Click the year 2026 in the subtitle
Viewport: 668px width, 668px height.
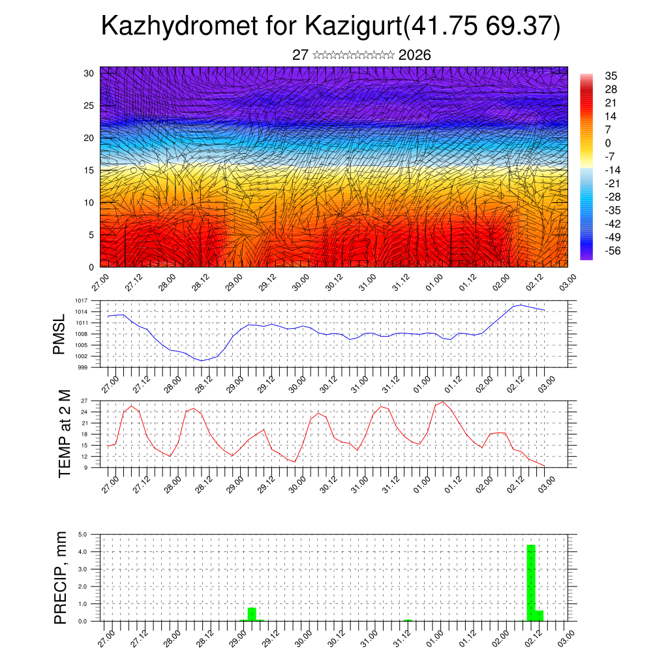click(414, 55)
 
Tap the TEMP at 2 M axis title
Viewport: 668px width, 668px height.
click(64, 433)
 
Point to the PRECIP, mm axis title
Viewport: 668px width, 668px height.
click(61, 577)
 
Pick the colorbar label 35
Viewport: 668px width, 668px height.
click(611, 76)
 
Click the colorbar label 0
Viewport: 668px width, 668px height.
click(608, 143)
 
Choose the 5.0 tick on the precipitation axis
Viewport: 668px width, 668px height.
click(83, 534)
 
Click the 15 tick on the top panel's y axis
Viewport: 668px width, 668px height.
click(89, 170)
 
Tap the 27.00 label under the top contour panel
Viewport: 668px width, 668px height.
click(100, 283)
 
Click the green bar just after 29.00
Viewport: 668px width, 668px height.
click(252, 614)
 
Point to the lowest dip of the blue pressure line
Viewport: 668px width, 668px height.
click(202, 360)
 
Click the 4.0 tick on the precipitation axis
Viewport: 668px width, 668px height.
click(83, 552)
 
